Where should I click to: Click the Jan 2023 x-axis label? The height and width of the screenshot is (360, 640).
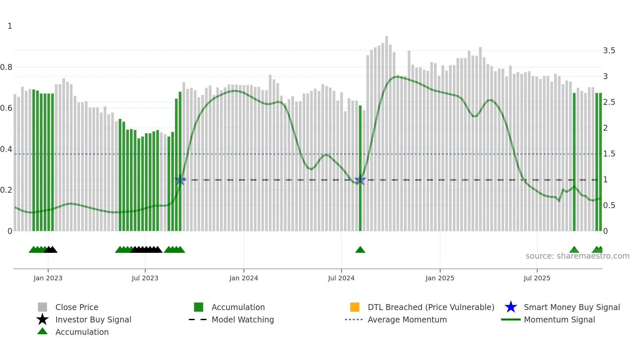[x=48, y=278]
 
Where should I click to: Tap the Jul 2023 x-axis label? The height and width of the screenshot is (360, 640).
[x=145, y=278]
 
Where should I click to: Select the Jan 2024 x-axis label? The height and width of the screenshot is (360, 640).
[x=244, y=278]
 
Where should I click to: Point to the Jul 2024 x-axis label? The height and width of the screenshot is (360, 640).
[x=341, y=278]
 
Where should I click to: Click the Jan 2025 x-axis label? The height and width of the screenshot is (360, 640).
[x=440, y=278]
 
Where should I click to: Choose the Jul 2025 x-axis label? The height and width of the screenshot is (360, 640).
[x=537, y=278]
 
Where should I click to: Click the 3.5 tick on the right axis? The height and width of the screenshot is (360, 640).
[x=609, y=51]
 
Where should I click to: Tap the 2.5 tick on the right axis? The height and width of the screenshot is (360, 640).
[x=609, y=102]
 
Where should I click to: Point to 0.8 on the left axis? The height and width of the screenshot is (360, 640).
[x=6, y=67]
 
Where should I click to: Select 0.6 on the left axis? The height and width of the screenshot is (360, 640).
[x=6, y=108]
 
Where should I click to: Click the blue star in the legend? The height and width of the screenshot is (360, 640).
[x=511, y=307]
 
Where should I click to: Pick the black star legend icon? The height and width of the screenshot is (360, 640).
[x=42, y=319]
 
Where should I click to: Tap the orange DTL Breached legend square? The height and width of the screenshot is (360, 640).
[x=355, y=307]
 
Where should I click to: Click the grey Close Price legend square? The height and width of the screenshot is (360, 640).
[x=42, y=307]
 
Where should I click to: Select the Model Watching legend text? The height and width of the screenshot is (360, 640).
[x=243, y=319]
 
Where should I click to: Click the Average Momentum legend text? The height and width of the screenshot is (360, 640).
[x=407, y=319]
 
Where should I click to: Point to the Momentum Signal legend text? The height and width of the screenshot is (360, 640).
[x=559, y=319]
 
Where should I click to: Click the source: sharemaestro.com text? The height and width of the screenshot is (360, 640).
[x=577, y=256]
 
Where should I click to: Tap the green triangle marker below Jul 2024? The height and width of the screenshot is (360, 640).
[x=360, y=250]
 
